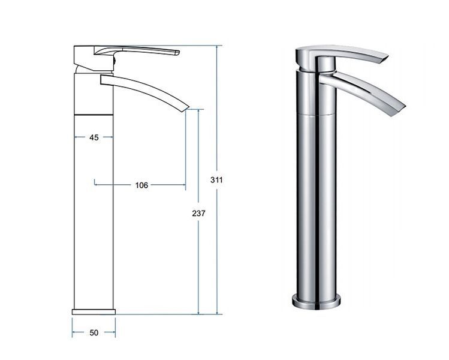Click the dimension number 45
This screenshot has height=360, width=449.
(x=94, y=137)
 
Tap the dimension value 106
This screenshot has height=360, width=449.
(x=141, y=185)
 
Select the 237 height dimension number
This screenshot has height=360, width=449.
(x=199, y=213)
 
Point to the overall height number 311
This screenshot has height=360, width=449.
(x=216, y=180)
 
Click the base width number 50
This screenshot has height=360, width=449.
(x=94, y=333)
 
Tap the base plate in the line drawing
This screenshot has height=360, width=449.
(x=94, y=312)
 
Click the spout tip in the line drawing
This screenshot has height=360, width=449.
(x=186, y=109)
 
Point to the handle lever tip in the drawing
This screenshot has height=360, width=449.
(x=177, y=52)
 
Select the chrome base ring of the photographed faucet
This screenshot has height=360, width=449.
(x=317, y=302)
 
